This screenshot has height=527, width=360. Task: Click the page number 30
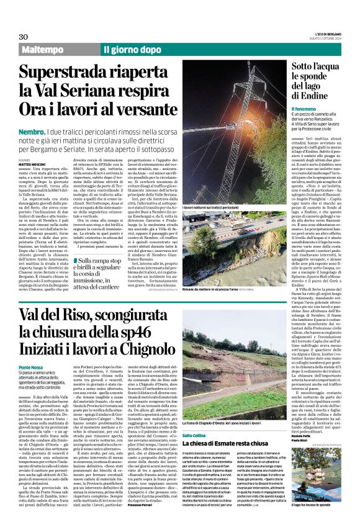23,37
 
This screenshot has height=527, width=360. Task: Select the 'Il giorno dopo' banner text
132,49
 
